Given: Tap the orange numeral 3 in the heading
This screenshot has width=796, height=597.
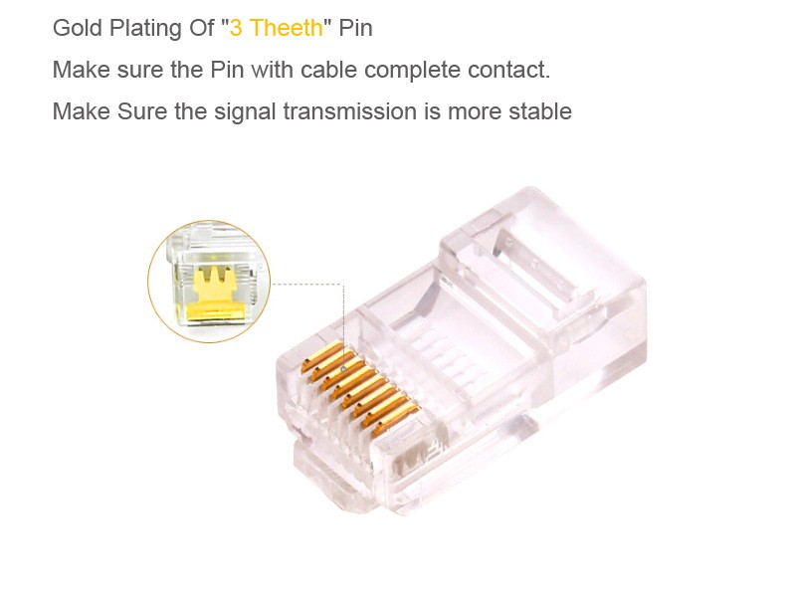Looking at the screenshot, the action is coord(236,28).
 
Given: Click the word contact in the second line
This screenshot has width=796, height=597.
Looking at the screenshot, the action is coord(508,70).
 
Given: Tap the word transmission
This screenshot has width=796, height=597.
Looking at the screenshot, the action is coord(349,111).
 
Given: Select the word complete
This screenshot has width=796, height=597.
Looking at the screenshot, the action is coord(412,71).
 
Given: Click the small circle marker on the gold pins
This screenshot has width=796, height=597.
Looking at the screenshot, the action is coord(343,368).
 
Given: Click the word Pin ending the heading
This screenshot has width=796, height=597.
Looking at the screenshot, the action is coord(355,28).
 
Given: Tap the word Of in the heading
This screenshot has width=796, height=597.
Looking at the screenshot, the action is coord(202,28).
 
